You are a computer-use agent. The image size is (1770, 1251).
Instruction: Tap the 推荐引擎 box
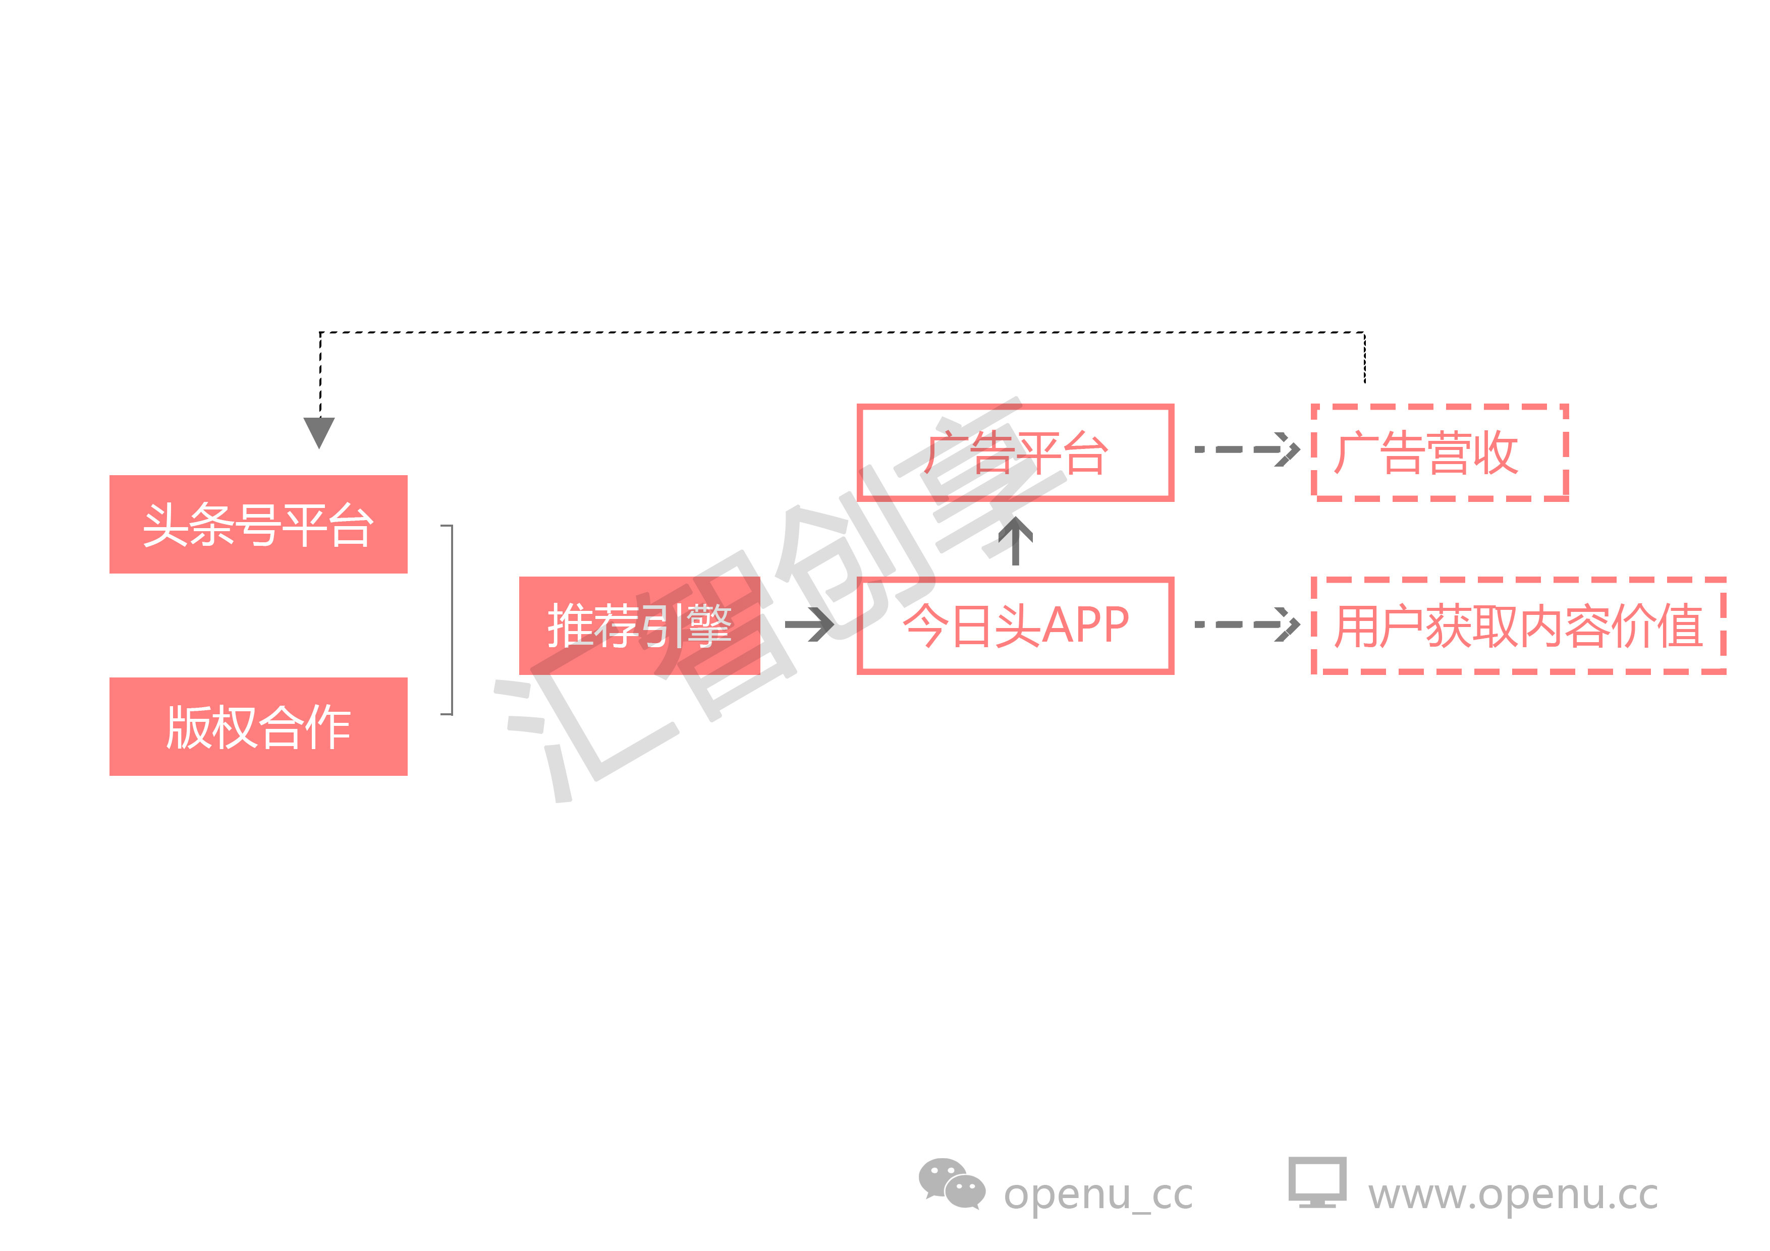pos(639,625)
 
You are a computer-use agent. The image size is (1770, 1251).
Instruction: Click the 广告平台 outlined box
pos(1015,452)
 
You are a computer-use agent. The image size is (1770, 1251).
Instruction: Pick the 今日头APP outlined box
pos(1015,625)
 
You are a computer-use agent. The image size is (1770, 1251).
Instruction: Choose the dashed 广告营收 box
pos(1440,452)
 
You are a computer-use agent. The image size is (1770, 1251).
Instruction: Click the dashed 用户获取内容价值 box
pos(1518,625)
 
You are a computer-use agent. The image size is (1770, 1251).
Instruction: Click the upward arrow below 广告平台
pos(1015,540)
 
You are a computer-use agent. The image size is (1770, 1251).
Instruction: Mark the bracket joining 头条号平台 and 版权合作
pos(450,620)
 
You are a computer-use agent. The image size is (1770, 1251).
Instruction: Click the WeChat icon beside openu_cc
pos(951,1184)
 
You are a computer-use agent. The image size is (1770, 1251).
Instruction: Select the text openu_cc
pos(1098,1195)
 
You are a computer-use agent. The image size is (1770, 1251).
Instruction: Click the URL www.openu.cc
pos(1513,1195)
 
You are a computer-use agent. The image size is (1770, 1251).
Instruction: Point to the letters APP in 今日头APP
pos(1085,624)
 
